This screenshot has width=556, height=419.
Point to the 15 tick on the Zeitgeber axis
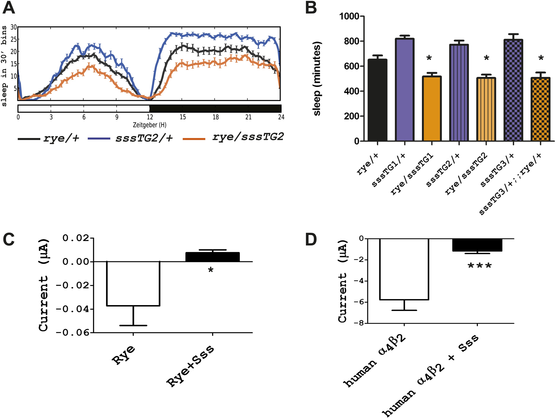[x=183, y=117]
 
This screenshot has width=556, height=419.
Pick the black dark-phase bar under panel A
[x=215, y=108]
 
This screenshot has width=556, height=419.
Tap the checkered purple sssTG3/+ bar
[x=513, y=90]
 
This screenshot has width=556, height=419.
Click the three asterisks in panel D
[x=479, y=266]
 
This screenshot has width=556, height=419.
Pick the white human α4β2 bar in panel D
[x=404, y=269]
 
